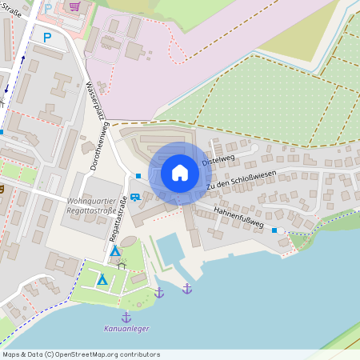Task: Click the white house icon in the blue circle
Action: (x=180, y=173)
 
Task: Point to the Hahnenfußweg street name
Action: (x=240, y=218)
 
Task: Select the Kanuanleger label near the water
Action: (x=126, y=328)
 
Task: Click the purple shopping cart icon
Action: (x=75, y=7)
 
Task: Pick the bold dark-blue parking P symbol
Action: (x=46, y=37)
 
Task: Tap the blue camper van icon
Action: (x=135, y=196)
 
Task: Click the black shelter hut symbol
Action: (x=122, y=263)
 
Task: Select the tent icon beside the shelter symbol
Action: (x=115, y=250)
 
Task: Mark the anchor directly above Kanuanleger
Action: (x=126, y=317)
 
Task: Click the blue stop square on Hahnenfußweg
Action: (x=274, y=230)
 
